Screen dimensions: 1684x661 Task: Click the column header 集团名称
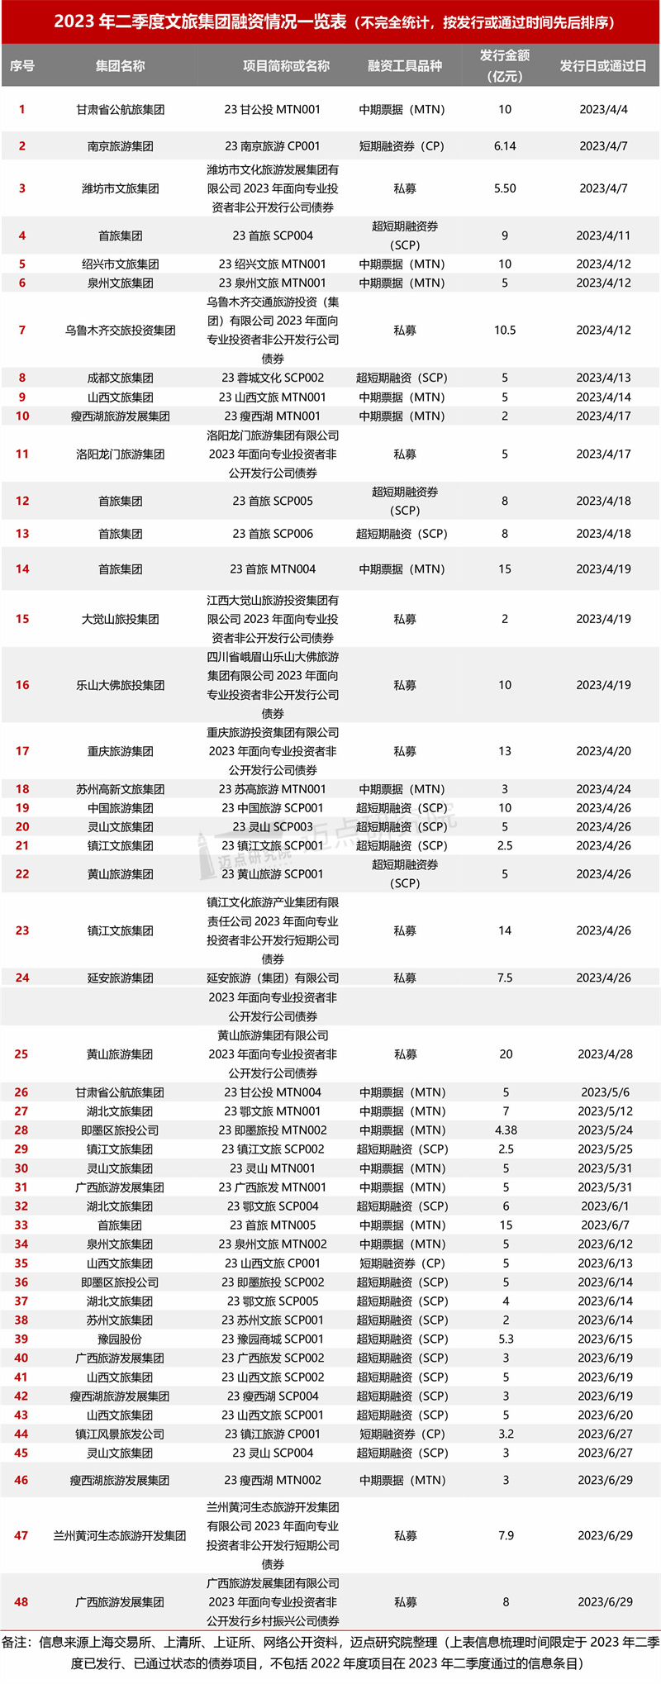point(121,66)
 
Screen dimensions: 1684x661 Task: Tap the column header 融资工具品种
point(405,66)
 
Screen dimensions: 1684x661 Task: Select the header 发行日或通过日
point(603,66)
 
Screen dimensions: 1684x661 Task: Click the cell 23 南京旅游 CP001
point(273,146)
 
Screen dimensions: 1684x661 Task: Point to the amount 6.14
point(505,146)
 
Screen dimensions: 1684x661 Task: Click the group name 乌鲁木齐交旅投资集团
point(121,331)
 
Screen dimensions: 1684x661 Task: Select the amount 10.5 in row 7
point(505,331)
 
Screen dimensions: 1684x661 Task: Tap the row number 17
point(22,751)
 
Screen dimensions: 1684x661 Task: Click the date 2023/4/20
point(603,751)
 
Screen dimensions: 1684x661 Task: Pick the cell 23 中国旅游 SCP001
point(273,808)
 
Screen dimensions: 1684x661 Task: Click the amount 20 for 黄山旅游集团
point(506,1054)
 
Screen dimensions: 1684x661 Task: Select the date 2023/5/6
point(605,1092)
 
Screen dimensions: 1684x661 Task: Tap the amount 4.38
point(506,1130)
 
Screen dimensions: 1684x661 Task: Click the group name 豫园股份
point(121,1339)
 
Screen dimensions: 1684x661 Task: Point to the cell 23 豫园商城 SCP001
point(273,1339)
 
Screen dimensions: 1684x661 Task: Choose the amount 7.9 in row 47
point(506,1536)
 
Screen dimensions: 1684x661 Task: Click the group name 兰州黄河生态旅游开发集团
point(121,1536)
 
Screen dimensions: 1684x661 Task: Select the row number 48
point(21,1602)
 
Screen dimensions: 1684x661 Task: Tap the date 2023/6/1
point(605,1206)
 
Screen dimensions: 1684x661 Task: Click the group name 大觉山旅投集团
point(121,619)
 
